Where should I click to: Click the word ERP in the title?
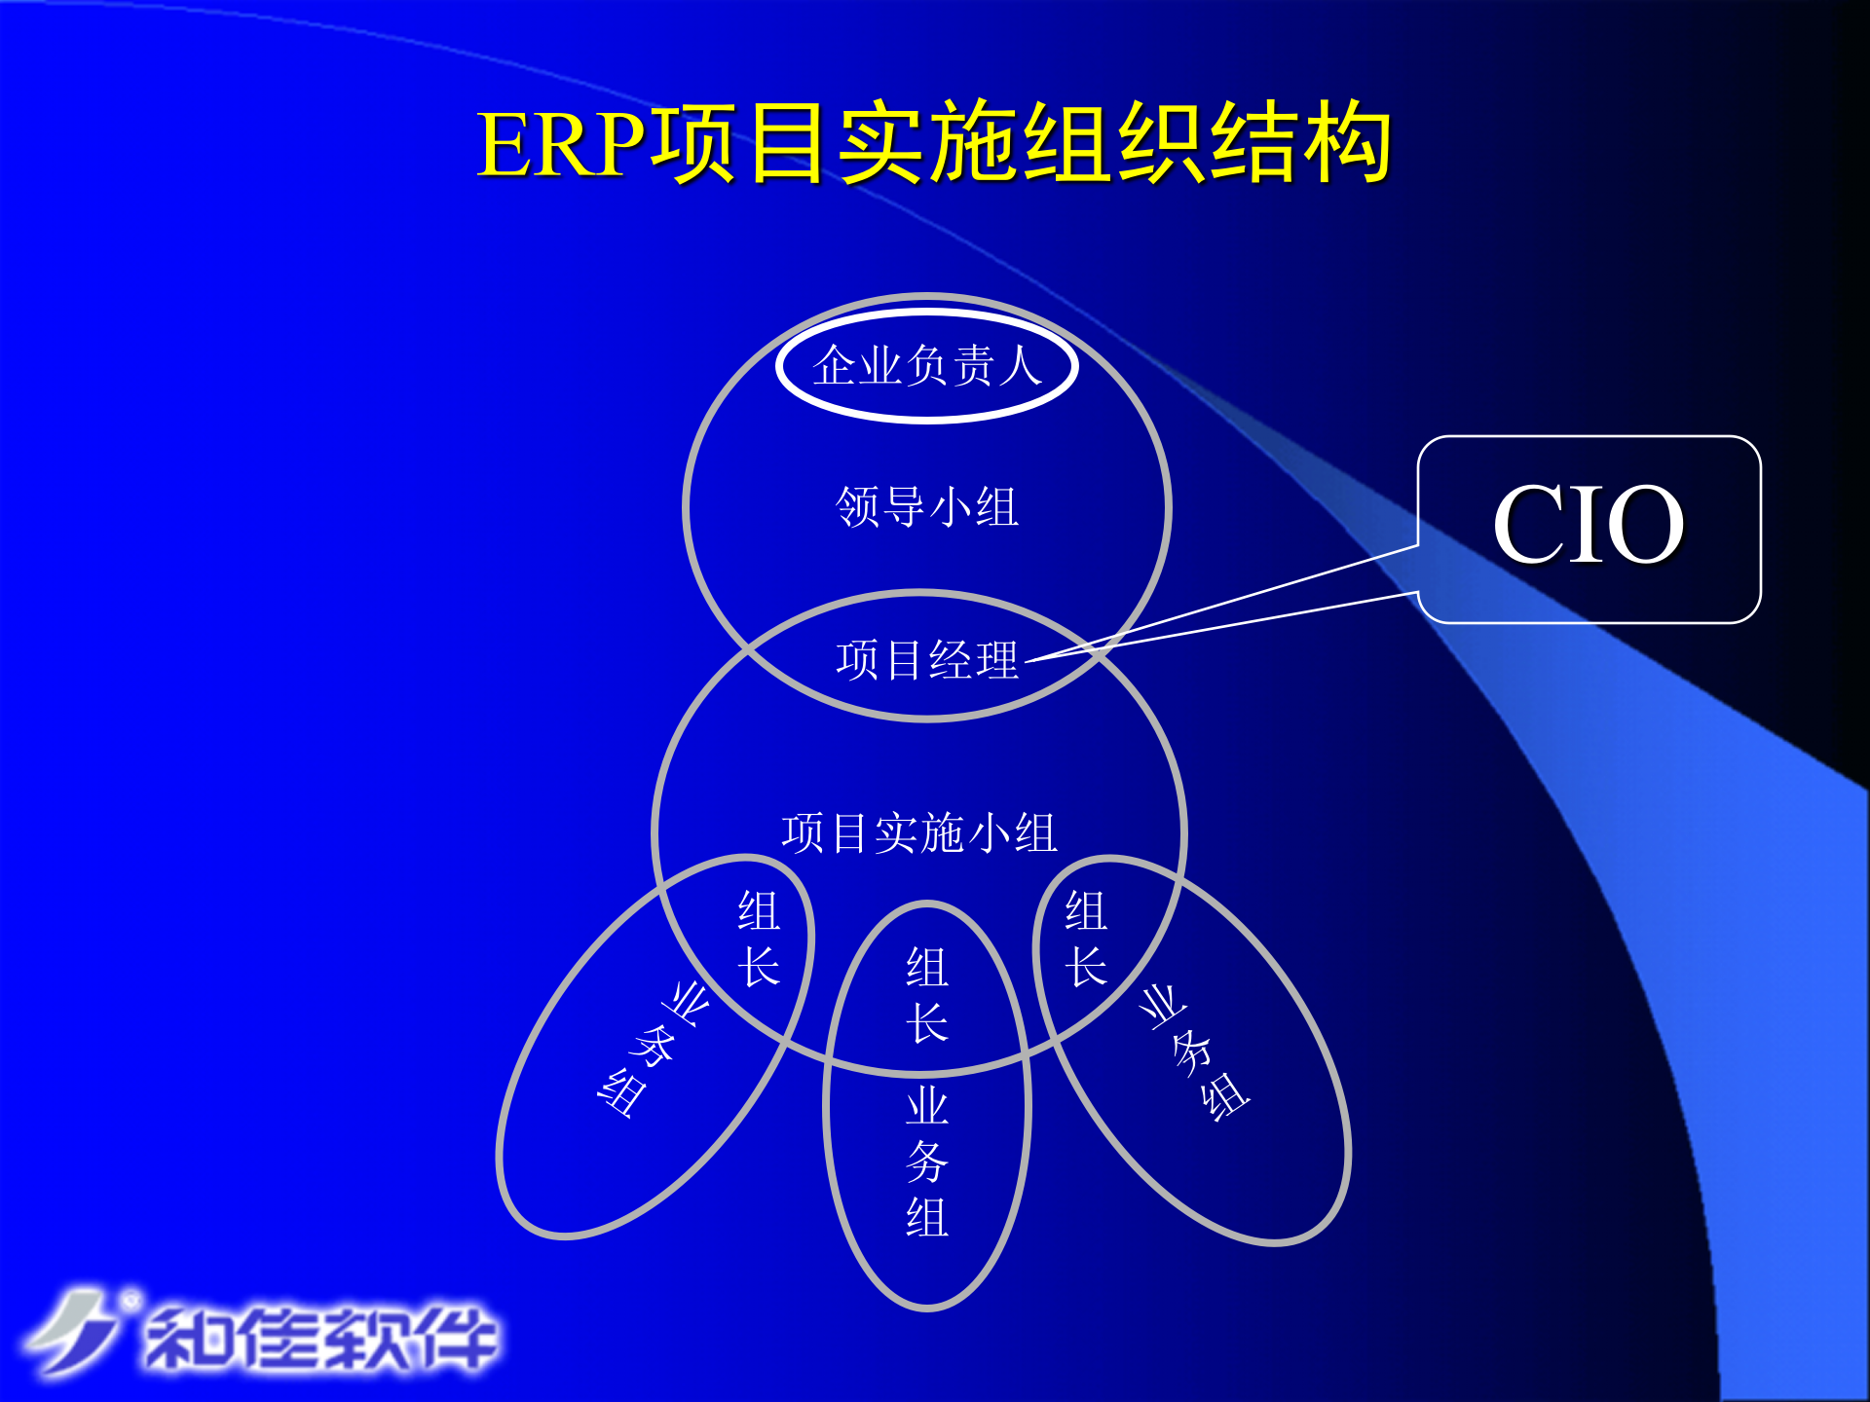tap(562, 145)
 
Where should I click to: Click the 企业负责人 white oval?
tap(926, 366)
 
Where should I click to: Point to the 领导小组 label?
tap(926, 507)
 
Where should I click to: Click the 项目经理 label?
tap(926, 660)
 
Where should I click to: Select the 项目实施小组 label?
tap(918, 833)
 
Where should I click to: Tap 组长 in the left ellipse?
tap(759, 939)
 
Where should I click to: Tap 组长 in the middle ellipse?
tap(926, 995)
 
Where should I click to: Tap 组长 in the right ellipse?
tap(1086, 939)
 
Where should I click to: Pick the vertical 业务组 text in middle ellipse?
tap(926, 1162)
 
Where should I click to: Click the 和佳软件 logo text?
tap(321, 1340)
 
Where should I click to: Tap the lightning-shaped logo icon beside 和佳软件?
tap(73, 1331)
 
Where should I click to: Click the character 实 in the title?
tap(880, 145)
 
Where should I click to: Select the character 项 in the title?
tap(694, 145)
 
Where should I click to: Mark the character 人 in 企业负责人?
tap(1020, 366)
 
